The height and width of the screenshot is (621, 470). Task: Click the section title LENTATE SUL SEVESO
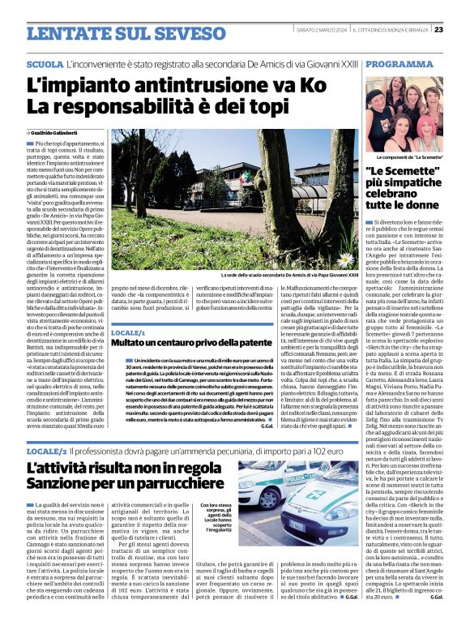coord(113,32)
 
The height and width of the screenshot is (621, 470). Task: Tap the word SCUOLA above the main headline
coord(45,63)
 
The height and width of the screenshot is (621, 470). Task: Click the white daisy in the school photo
coord(345,260)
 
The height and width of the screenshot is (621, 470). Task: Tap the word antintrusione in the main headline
coord(184,84)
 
